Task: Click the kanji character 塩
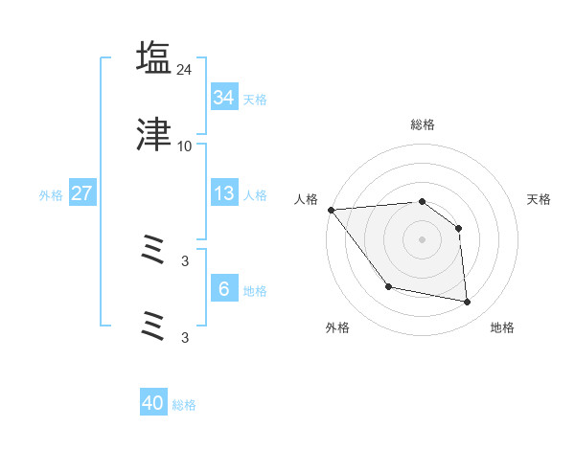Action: (154, 58)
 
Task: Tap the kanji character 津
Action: (154, 136)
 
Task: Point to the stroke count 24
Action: (185, 69)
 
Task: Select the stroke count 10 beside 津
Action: (185, 146)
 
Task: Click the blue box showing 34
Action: (223, 98)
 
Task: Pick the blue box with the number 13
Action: (223, 193)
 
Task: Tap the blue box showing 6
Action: (223, 288)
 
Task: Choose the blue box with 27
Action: (81, 193)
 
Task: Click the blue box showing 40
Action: (152, 403)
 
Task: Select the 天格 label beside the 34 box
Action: (255, 99)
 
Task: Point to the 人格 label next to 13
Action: (255, 194)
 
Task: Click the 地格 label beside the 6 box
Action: (255, 290)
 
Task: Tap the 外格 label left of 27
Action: (51, 194)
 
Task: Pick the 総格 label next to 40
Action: (184, 405)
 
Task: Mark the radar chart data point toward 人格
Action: (331, 210)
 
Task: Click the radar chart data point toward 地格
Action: (468, 303)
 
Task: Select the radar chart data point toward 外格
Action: (388, 286)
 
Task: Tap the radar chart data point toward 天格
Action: (459, 228)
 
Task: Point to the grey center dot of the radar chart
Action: (423, 239)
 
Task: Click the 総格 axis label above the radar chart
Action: (423, 125)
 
